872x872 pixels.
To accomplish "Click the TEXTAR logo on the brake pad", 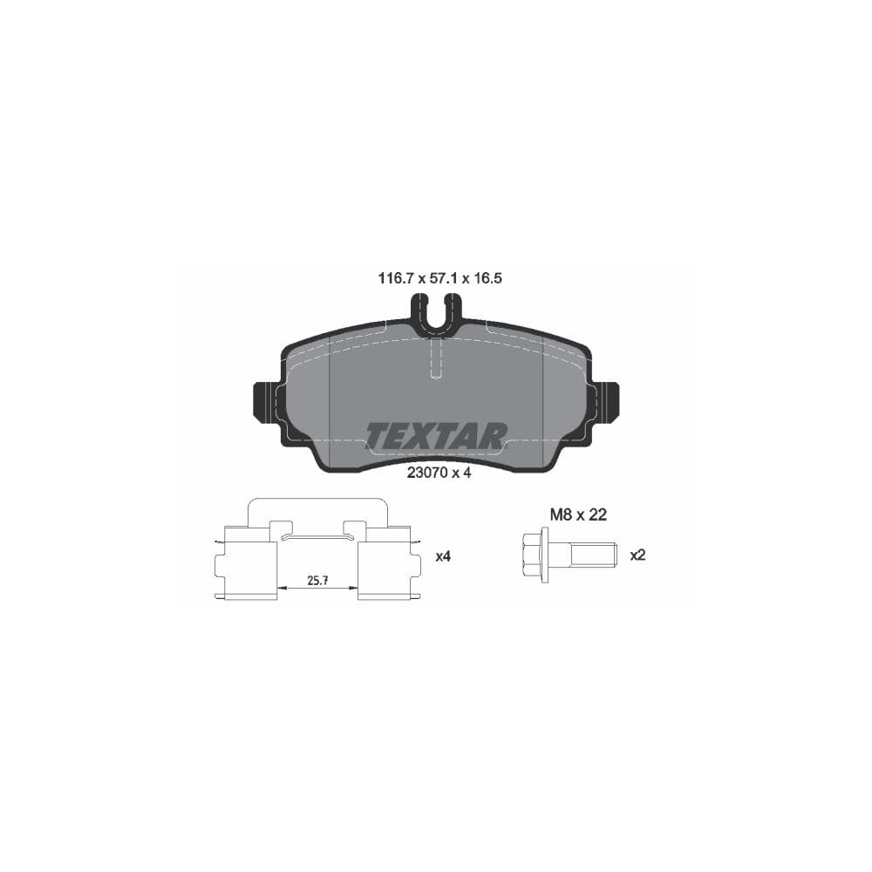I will [x=436, y=436].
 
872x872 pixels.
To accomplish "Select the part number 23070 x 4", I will [x=439, y=474].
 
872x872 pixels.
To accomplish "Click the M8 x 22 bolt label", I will [x=577, y=514].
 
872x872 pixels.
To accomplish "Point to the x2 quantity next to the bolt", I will [x=637, y=555].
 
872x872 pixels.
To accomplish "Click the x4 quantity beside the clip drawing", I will [x=444, y=555].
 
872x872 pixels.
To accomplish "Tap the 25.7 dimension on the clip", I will [x=317, y=579].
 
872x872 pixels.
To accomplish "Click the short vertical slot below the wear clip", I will [x=437, y=358].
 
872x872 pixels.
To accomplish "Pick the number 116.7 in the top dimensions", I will [x=394, y=279].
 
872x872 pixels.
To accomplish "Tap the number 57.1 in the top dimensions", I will [x=442, y=279].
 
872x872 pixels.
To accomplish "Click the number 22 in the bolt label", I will [x=597, y=514].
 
